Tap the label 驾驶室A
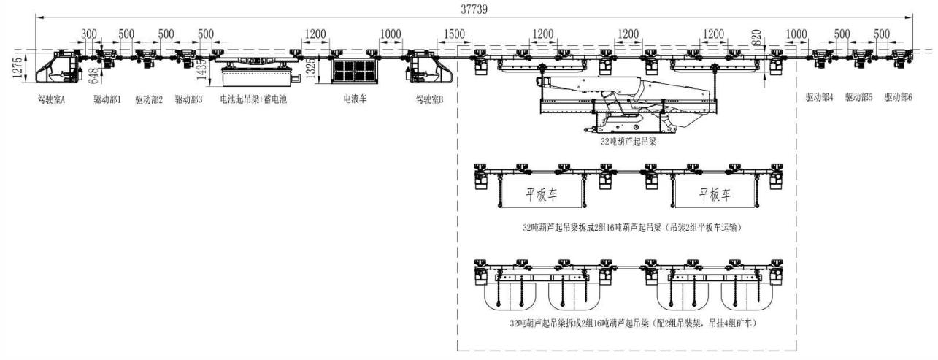tap(52, 99)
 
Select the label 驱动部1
tap(107, 99)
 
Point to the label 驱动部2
tap(148, 99)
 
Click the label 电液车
tap(355, 99)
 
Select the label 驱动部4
tap(819, 97)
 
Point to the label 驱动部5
tap(858, 97)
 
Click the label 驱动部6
tap(898, 97)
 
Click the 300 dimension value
tap(88, 34)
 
